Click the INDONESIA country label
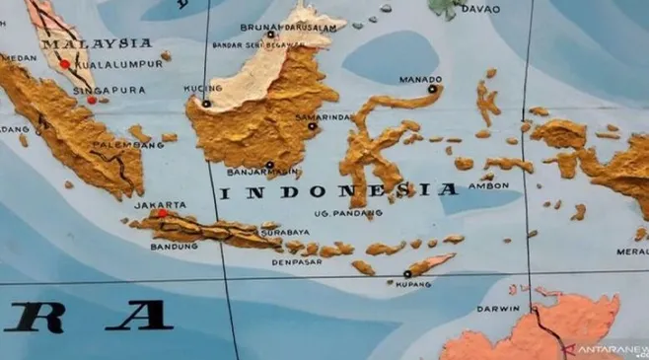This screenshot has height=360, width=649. [x=338, y=191]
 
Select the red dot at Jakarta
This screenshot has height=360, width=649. [x=163, y=212]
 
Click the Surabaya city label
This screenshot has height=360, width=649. [x=284, y=233]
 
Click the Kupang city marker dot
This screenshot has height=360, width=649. [x=406, y=274]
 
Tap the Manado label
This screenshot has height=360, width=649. [x=420, y=79]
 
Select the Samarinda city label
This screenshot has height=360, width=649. [x=324, y=117]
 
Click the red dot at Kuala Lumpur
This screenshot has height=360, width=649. [x=65, y=64]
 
